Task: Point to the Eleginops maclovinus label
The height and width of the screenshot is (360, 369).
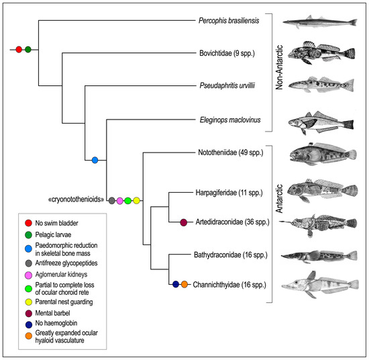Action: pyautogui.click(x=229, y=121)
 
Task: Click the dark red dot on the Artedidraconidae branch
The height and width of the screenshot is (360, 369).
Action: pyautogui.click(x=184, y=222)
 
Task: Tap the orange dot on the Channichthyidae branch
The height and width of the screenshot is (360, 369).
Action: pyautogui.click(x=184, y=284)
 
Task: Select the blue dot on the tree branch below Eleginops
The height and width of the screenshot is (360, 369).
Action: pyautogui.click(x=95, y=160)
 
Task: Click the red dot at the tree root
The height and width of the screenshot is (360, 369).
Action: pyautogui.click(x=19, y=48)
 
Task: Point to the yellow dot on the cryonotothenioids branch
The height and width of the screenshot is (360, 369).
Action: pyautogui.click(x=136, y=200)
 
